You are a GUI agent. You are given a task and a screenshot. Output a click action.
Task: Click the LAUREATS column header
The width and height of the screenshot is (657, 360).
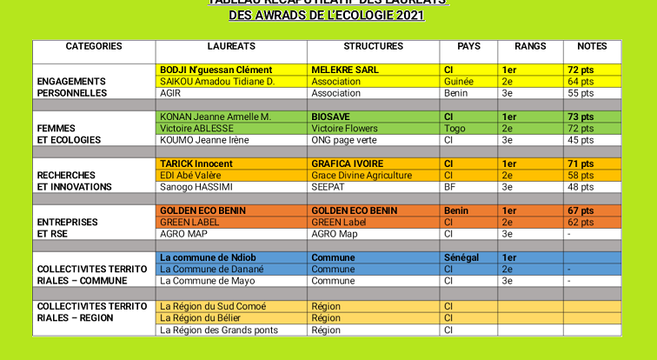[231, 46]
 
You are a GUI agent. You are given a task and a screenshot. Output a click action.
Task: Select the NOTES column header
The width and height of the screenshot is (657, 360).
[592, 46]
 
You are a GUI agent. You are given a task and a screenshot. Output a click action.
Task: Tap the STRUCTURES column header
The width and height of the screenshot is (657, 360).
[373, 46]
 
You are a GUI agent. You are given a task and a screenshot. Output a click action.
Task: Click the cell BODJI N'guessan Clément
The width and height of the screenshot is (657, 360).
[216, 70]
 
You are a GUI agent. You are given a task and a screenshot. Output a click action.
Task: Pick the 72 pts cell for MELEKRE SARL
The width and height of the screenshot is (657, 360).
[581, 70]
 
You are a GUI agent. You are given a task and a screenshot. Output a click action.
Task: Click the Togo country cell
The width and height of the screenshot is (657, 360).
[453, 129]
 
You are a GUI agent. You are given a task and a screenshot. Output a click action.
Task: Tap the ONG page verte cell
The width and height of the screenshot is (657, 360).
[344, 140]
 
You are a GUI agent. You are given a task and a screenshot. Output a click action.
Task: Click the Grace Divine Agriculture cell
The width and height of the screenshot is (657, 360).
[362, 176]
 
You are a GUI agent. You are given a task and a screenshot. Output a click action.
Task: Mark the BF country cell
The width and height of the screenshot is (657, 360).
[449, 187]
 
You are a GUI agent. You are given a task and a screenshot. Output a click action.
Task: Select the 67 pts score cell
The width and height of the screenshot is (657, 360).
[581, 210]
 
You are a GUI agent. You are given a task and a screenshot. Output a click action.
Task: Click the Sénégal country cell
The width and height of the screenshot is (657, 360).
[461, 257]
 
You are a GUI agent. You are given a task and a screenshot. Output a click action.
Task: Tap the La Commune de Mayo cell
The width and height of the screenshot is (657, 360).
[207, 281]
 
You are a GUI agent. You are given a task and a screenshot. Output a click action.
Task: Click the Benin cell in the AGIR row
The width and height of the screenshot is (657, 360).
[455, 93]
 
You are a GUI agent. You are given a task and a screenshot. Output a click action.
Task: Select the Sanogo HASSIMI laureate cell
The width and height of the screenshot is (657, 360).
[196, 187]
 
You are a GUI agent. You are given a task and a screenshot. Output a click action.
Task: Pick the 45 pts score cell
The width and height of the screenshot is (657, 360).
[581, 140]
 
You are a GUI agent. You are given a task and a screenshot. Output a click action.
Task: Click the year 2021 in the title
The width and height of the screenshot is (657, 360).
[408, 15]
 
